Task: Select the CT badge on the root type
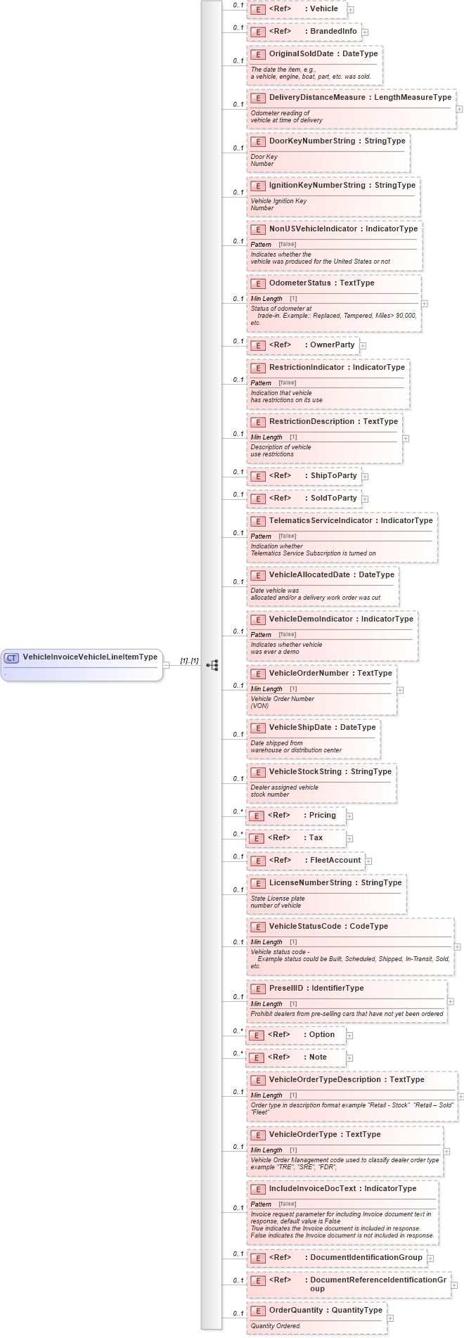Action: [x=11, y=658]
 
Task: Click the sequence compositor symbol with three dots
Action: [x=212, y=664]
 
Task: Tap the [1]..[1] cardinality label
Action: [x=189, y=661]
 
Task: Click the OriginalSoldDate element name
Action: [x=301, y=53]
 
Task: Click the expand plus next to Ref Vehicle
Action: [x=350, y=10]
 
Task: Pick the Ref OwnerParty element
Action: [x=303, y=345]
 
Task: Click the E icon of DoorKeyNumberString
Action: [x=258, y=141]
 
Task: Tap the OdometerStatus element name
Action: [x=299, y=283]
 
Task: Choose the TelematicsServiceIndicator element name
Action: [x=321, y=520]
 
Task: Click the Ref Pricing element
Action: [x=296, y=816]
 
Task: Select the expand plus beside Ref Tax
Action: [x=349, y=839]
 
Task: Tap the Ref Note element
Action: [x=296, y=1057]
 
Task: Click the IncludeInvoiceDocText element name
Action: [x=313, y=1188]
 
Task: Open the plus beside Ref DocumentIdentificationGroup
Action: [x=430, y=1258]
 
